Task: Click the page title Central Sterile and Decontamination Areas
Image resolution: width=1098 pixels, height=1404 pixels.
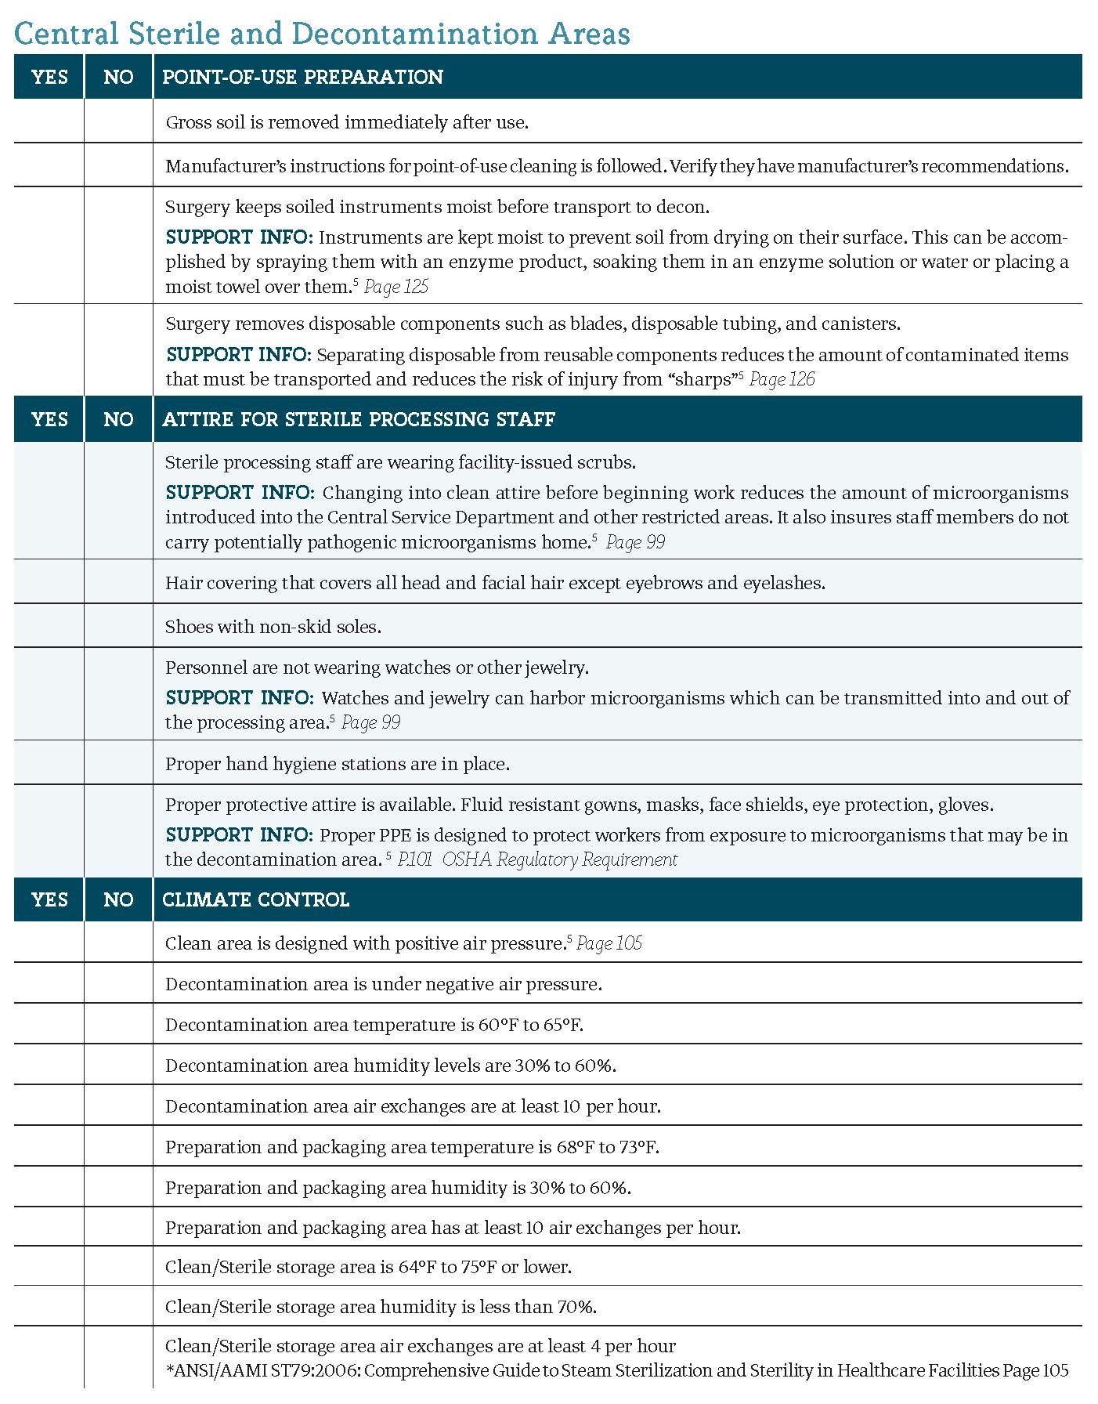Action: (x=322, y=34)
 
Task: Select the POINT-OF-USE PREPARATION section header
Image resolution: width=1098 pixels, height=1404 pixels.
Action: (x=302, y=77)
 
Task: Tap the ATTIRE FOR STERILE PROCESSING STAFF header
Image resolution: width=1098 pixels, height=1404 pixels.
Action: (x=359, y=419)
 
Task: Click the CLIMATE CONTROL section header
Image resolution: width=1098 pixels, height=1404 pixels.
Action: (x=255, y=899)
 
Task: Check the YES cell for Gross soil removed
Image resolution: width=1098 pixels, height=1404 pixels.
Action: (x=49, y=121)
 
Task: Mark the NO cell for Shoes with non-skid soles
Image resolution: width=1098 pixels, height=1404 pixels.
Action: (x=118, y=625)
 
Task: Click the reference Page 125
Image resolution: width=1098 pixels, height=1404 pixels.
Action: (x=396, y=287)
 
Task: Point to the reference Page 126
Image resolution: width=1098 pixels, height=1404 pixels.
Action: (x=782, y=379)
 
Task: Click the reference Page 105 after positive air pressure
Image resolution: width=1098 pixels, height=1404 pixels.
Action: (x=609, y=943)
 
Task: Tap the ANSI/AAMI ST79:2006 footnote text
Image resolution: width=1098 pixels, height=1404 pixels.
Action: (x=616, y=1370)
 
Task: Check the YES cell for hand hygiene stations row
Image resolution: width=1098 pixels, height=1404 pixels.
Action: (x=49, y=762)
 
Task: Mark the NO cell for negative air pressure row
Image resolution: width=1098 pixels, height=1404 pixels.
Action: (x=118, y=983)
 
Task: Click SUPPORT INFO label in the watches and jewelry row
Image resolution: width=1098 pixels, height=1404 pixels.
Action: (x=240, y=697)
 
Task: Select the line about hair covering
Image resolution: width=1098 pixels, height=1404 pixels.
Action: (x=495, y=583)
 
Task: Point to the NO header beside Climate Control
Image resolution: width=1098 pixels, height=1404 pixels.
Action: (x=118, y=899)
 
